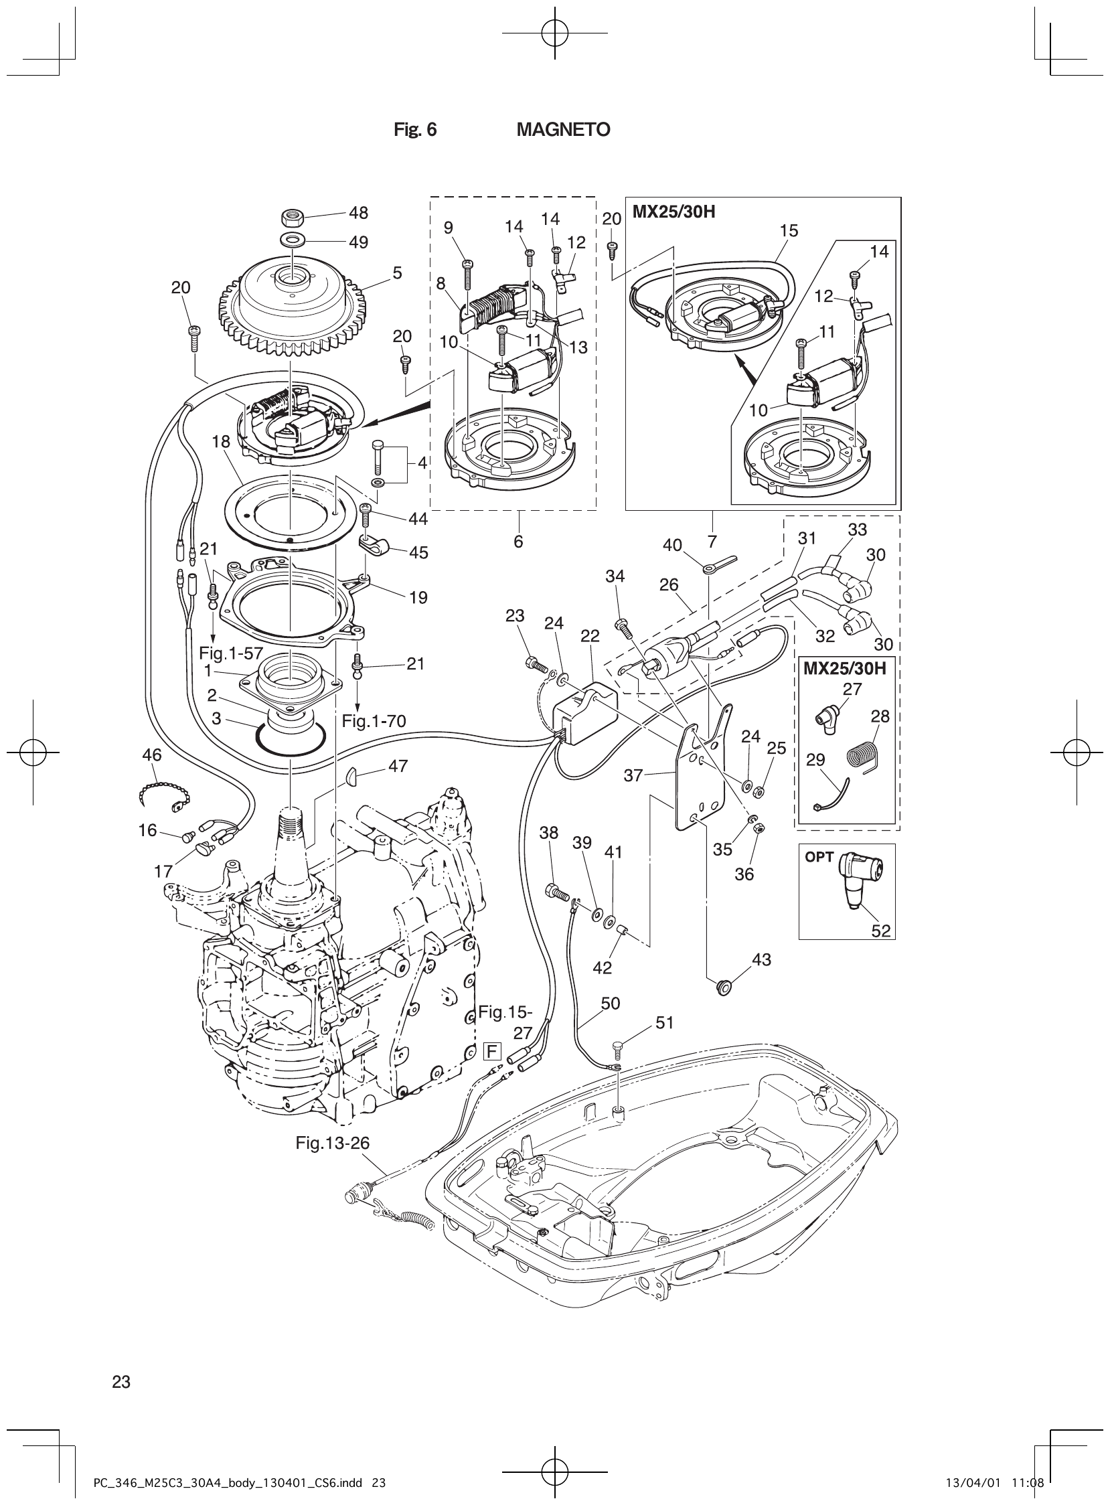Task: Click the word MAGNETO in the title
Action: click(563, 130)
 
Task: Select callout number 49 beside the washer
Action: click(358, 242)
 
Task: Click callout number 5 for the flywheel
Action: click(397, 272)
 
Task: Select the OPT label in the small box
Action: click(819, 858)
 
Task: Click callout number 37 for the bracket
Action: click(633, 775)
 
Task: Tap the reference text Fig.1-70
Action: click(374, 722)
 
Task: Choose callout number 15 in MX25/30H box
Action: click(789, 230)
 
